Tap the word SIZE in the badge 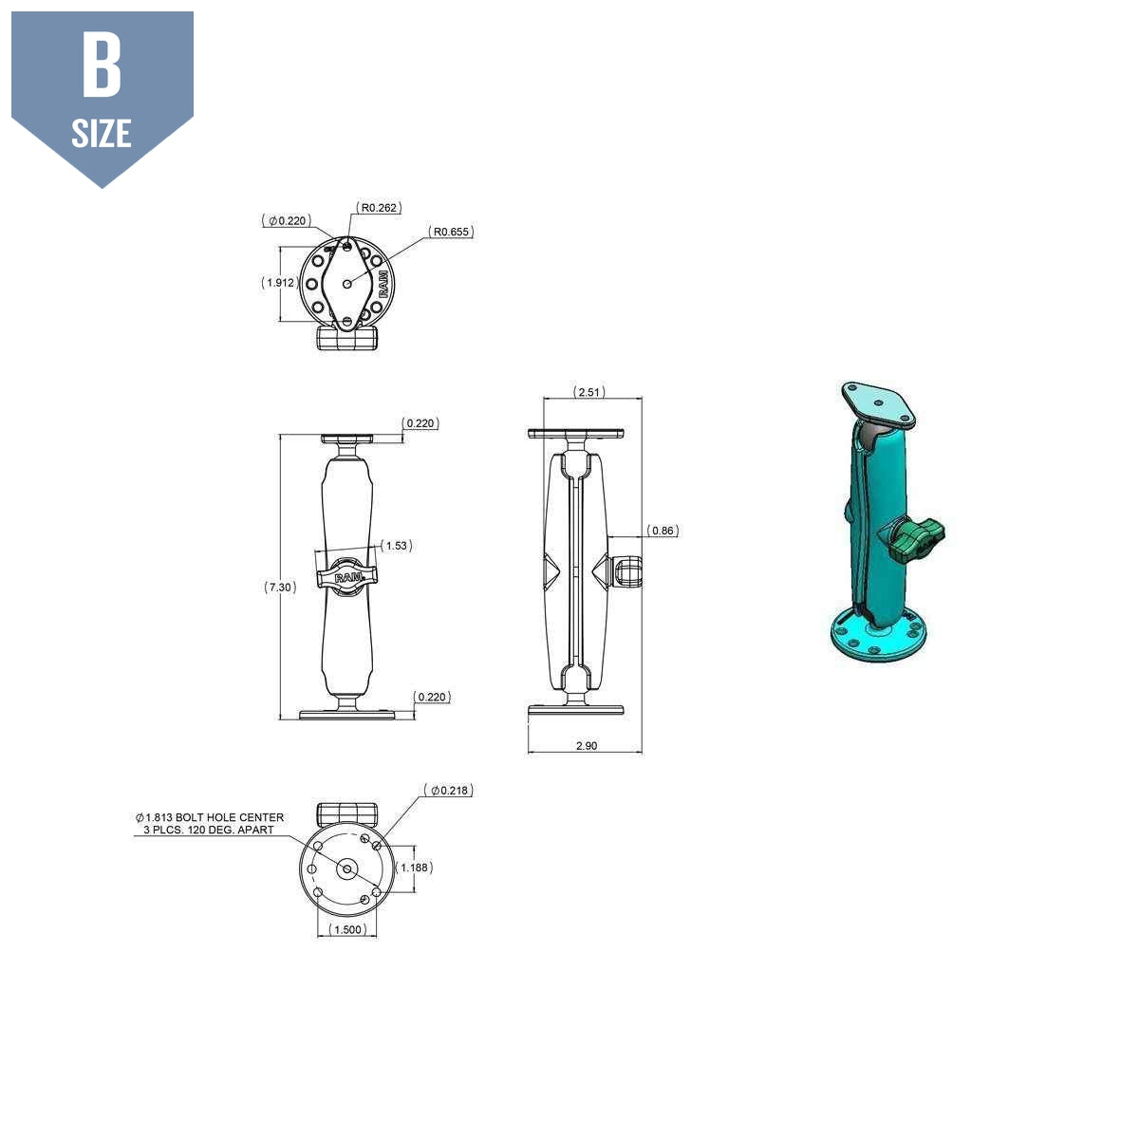(x=102, y=134)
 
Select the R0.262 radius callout (x=380, y=207)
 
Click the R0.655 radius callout (x=451, y=232)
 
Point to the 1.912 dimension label (x=279, y=283)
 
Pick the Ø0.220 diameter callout (x=287, y=220)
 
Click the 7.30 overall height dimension (x=280, y=588)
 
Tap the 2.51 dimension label (x=588, y=392)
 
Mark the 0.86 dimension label (x=663, y=531)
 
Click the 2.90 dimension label (x=587, y=746)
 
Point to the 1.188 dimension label (x=416, y=868)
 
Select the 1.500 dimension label (x=347, y=929)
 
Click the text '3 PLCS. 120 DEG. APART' (x=209, y=831)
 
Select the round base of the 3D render (x=878, y=637)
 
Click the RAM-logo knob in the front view (x=346, y=576)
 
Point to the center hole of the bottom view (x=346, y=868)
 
